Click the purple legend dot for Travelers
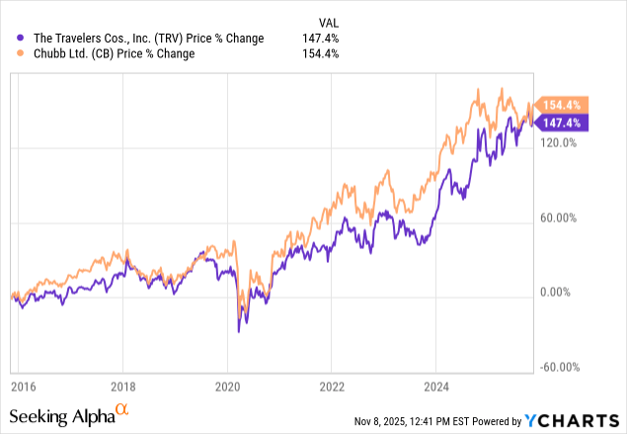(11, 40)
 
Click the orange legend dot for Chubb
(11, 53)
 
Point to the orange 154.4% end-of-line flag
(565, 105)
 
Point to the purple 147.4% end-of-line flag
(565, 122)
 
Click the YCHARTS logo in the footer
(582, 422)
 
